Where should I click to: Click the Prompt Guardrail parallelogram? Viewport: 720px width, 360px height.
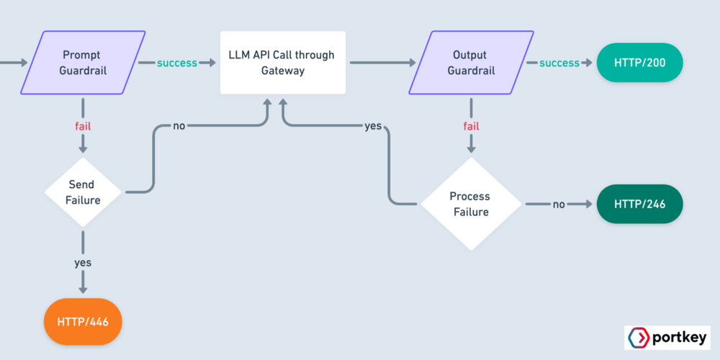[x=82, y=63]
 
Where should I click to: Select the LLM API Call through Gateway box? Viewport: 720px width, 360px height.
[x=282, y=63]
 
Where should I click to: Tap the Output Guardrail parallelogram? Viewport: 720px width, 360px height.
[x=471, y=63]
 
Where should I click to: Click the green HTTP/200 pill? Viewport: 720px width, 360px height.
[x=639, y=63]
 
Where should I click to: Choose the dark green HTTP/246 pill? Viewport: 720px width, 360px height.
[x=639, y=204]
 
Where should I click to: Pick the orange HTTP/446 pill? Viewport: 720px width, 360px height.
[x=83, y=321]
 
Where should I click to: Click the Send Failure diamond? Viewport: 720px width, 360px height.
[x=83, y=192]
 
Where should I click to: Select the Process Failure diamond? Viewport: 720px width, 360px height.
[x=470, y=204]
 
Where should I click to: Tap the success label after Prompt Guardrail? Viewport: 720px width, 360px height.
[x=177, y=63]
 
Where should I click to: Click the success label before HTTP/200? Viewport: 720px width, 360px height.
[x=559, y=63]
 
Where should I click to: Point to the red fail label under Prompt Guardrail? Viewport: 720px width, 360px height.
[x=83, y=126]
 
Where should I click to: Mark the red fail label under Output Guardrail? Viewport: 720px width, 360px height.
[x=471, y=126]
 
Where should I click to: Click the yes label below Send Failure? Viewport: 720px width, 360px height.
[x=83, y=263]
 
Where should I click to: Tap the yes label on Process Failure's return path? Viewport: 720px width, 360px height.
[x=372, y=126]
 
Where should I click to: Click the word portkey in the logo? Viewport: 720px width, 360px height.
[x=678, y=338]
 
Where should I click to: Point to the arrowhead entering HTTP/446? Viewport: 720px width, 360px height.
[x=83, y=289]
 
